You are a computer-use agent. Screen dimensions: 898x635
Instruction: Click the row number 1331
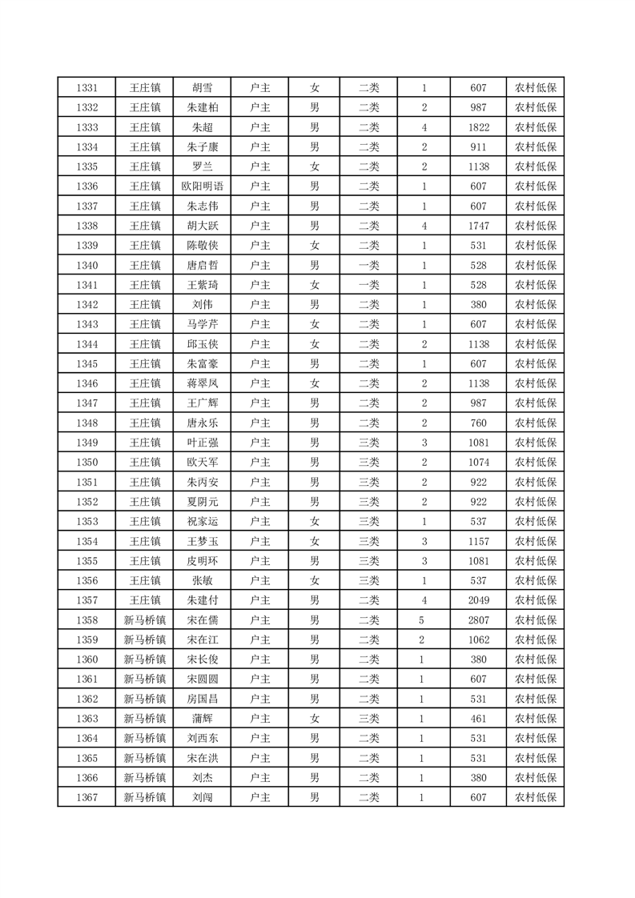(x=86, y=88)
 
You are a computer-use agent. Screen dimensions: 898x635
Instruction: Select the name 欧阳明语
(x=203, y=186)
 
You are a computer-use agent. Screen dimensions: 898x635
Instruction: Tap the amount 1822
(x=479, y=127)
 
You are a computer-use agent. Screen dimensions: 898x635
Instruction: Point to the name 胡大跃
(x=203, y=226)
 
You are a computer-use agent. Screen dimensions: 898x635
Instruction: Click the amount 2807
(x=479, y=619)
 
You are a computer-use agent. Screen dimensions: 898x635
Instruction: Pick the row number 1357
(x=86, y=599)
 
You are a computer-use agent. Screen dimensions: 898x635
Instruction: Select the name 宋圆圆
(x=203, y=679)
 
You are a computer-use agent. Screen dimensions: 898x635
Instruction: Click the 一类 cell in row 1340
(x=369, y=265)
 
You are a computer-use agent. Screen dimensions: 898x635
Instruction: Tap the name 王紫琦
(x=203, y=285)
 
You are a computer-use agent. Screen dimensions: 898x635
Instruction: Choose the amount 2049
(x=479, y=599)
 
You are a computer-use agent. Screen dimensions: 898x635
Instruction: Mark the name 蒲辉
(x=203, y=718)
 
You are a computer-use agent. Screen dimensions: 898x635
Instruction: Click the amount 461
(x=479, y=718)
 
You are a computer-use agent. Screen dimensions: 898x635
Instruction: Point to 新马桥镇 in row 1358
(x=144, y=619)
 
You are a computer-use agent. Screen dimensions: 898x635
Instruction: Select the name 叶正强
(x=203, y=443)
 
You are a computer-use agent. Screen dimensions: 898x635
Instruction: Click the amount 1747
(x=479, y=226)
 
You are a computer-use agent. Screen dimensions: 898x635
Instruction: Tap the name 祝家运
(x=203, y=521)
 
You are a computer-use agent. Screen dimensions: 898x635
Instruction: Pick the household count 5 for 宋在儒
(x=423, y=619)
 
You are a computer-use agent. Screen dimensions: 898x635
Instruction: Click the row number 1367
(x=86, y=797)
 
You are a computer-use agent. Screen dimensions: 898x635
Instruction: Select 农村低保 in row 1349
(x=536, y=443)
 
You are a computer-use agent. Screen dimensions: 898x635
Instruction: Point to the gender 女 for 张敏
(x=315, y=580)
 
